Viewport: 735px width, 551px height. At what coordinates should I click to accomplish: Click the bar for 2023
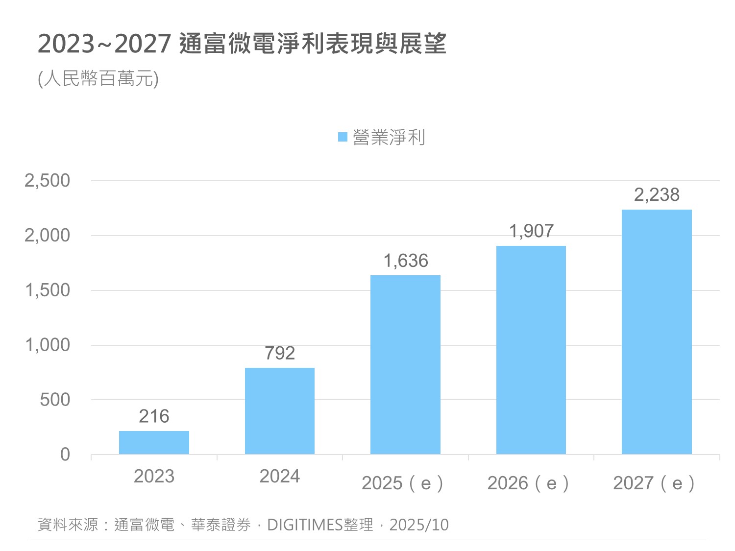coord(154,442)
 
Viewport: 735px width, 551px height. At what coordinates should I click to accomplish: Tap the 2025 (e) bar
coord(405,364)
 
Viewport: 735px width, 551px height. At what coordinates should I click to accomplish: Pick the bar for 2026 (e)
coord(531,350)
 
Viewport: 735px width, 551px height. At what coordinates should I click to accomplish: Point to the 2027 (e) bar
coord(657,332)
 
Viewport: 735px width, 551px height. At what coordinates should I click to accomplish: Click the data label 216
coord(154,416)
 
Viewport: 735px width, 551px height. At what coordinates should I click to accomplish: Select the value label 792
coord(280,353)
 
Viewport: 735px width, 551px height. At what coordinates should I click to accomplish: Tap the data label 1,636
coord(406,261)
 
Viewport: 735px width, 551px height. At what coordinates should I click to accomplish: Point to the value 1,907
coord(531,231)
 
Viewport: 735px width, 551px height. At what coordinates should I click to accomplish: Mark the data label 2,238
coord(657,195)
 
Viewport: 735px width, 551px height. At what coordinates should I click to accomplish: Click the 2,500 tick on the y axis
coord(48,181)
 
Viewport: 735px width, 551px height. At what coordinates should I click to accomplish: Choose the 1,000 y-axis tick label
coord(48,345)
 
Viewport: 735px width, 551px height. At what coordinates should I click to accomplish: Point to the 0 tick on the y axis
coord(65,455)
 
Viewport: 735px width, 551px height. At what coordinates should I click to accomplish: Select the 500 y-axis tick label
coord(55,400)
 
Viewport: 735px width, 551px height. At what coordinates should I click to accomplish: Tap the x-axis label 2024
coord(279,476)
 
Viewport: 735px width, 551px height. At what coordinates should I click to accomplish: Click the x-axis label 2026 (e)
coord(528,483)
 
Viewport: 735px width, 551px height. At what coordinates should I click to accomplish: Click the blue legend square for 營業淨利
coord(343,137)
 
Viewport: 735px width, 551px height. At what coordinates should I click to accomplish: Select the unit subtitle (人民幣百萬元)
coord(98,78)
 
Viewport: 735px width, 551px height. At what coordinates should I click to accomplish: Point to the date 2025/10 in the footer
coord(419,525)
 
